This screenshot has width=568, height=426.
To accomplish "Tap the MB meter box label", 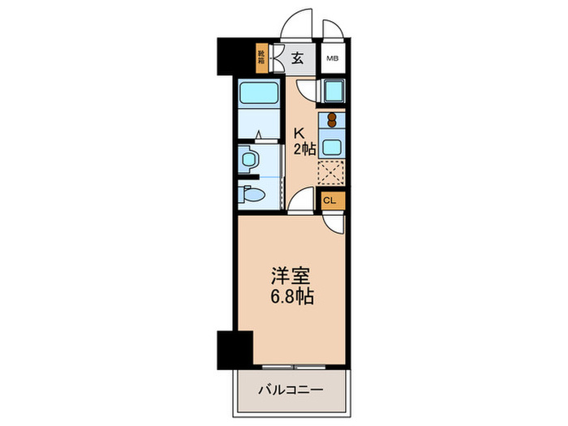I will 332,58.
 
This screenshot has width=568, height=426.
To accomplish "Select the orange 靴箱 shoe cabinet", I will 261,57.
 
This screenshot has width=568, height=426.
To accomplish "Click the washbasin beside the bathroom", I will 249,157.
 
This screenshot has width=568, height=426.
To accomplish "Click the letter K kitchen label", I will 299,131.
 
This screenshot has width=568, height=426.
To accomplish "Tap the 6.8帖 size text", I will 289,297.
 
